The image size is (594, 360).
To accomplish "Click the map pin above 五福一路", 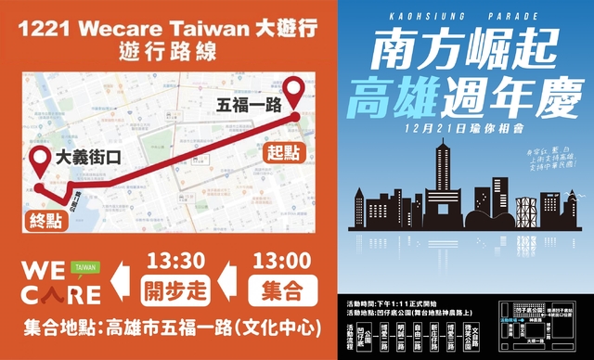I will [296, 92].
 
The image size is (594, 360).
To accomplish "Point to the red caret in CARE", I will [53, 295].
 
